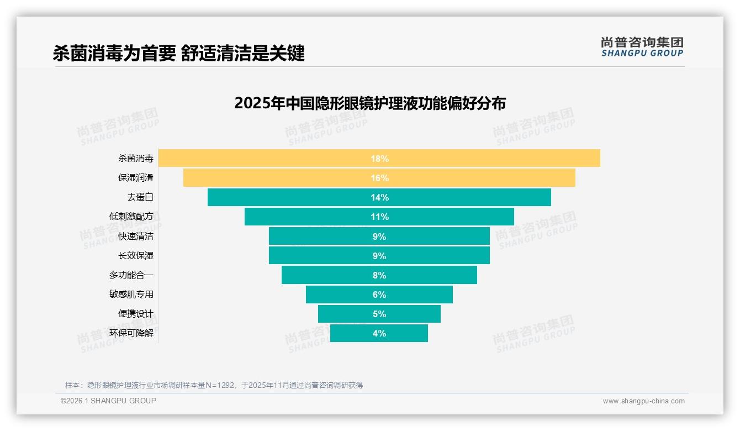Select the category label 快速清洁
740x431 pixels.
[136, 236]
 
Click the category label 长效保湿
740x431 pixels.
[136, 255]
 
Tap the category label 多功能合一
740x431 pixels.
[131, 275]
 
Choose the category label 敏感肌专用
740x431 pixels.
[131, 294]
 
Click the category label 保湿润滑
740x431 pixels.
[136, 177]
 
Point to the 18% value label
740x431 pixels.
[379, 159]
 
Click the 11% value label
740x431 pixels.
[379, 217]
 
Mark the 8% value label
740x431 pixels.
[379, 275]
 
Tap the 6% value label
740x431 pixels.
[379, 295]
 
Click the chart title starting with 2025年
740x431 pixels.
[369, 103]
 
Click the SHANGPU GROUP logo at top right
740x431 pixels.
[642, 47]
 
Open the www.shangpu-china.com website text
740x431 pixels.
[643, 401]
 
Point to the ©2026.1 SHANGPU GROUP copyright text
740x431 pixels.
[108, 401]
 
